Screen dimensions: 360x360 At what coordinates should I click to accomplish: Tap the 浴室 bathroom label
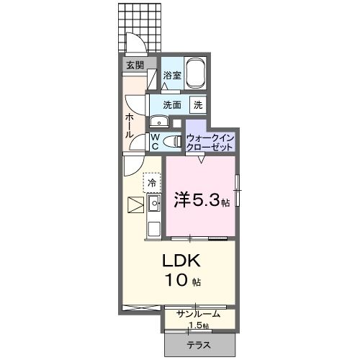coord(171,75)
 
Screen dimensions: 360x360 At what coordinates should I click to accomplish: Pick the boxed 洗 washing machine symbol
coord(197,104)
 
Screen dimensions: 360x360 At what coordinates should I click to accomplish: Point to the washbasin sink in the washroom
coord(158,122)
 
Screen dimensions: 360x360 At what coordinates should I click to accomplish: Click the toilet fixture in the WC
coord(171,142)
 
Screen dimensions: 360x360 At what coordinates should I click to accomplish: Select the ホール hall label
coord(129,125)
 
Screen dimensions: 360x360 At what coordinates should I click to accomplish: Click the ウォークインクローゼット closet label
coord(210,141)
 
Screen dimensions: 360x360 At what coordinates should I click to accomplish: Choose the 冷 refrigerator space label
coord(152,183)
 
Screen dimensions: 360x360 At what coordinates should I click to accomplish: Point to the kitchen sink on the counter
coord(154,204)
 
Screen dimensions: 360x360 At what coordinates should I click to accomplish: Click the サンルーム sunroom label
coord(199,314)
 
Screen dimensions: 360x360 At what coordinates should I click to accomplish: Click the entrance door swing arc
coord(135,42)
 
